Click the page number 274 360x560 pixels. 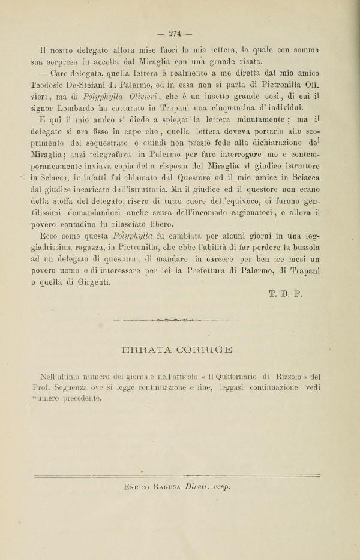(175, 34)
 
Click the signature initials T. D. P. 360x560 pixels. (285, 294)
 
